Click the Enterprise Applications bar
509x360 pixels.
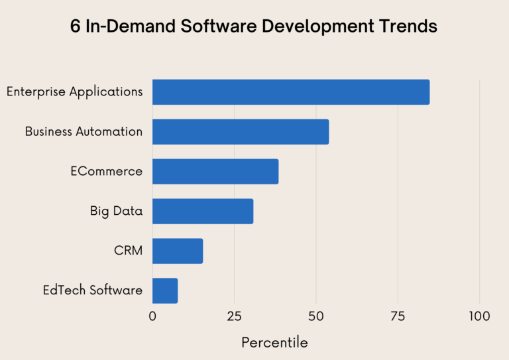click(x=291, y=92)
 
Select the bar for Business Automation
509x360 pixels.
click(x=241, y=132)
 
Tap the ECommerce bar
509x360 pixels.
click(x=215, y=171)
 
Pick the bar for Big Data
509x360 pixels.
click(x=203, y=211)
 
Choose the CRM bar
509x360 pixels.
click(x=178, y=251)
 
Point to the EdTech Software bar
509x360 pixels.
click(x=165, y=290)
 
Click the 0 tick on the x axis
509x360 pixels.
click(x=152, y=316)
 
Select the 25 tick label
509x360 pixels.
click(x=234, y=316)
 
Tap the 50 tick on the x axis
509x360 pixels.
click(x=316, y=316)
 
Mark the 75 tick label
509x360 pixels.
click(x=398, y=316)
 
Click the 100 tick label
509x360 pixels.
click(x=479, y=316)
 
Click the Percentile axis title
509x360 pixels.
click(x=274, y=343)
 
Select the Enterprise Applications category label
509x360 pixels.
click(x=75, y=92)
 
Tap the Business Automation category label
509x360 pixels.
click(x=84, y=132)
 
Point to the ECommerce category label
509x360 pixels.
click(x=107, y=171)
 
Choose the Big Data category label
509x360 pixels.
click(x=117, y=211)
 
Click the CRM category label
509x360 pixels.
click(x=129, y=251)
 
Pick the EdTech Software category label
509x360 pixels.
click(x=93, y=290)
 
